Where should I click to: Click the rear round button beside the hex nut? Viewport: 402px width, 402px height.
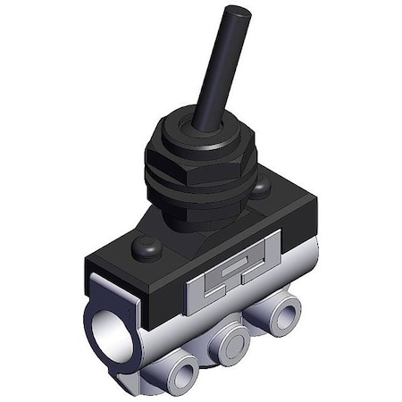(x=260, y=188)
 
